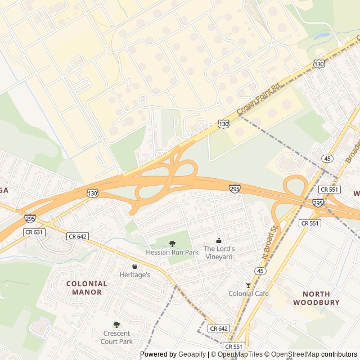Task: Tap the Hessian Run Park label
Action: (172, 253)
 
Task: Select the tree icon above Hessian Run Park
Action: (172, 244)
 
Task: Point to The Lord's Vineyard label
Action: (218, 253)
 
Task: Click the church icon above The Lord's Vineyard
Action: (218, 241)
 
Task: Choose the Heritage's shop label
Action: (134, 275)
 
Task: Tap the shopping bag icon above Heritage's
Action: (134, 266)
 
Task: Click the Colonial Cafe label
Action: (248, 294)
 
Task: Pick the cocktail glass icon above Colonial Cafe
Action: (248, 285)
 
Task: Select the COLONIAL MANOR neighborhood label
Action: (84, 288)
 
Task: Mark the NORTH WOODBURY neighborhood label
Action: (316, 298)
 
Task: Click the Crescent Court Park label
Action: (116, 337)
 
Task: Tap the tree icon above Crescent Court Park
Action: (116, 325)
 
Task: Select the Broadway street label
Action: (352, 148)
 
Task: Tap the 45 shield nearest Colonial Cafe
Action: (260, 271)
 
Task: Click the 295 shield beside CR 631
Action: (30, 217)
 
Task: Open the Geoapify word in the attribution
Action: (192, 354)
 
